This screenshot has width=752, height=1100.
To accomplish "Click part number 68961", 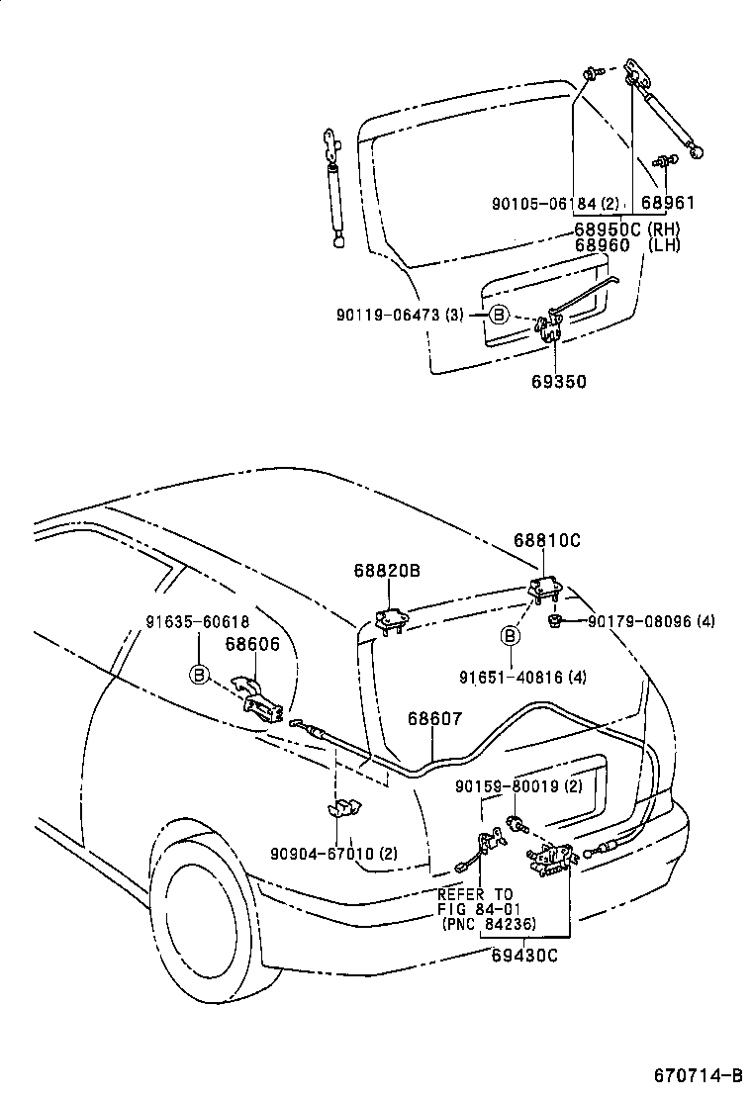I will tap(668, 204).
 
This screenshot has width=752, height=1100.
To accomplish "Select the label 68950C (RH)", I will tap(626, 229).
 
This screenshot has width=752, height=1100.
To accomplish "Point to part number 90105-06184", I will tap(554, 204).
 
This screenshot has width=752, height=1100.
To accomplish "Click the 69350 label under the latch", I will tap(559, 381).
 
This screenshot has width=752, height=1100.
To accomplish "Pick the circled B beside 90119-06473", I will tap(499, 315).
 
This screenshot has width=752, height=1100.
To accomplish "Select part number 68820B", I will tap(388, 571).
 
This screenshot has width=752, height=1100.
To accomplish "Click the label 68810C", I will tap(546, 541).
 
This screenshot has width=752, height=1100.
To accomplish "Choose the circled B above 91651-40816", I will tap(511, 635).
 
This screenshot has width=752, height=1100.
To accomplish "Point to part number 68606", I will tap(252, 644).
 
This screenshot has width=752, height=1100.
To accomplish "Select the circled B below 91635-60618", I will tap(199, 675).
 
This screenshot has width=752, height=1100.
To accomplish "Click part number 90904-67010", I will tap(333, 853).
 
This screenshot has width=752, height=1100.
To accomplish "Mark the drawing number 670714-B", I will tap(697, 1075).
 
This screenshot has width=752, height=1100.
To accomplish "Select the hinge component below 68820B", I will tap(390, 619).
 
